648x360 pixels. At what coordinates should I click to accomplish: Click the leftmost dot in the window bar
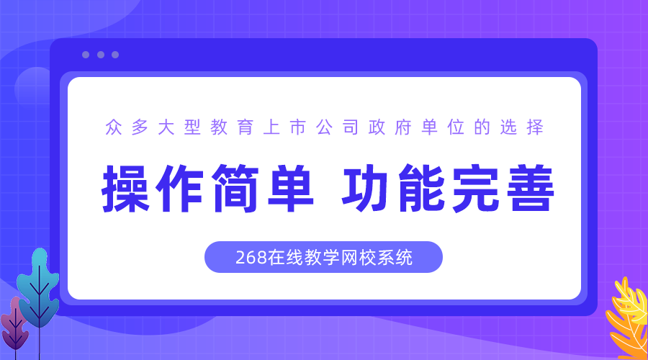[86, 55]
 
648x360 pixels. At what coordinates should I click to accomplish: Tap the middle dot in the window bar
[100, 55]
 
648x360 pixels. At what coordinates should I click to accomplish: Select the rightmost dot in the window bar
[115, 55]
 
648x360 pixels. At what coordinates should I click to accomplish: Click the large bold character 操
[125, 189]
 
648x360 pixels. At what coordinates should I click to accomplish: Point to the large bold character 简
[235, 189]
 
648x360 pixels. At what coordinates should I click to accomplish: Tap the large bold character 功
[365, 189]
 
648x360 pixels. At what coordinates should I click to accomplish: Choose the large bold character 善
[530, 189]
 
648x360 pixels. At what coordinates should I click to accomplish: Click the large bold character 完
[475, 189]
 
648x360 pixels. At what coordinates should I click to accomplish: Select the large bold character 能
[420, 189]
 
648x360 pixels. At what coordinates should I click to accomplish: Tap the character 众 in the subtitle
[114, 127]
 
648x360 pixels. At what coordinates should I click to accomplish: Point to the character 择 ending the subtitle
[535, 127]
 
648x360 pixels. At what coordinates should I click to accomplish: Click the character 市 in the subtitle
[297, 127]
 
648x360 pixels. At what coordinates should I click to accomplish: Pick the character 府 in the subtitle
[403, 127]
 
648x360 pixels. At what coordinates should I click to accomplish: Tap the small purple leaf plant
[14, 326]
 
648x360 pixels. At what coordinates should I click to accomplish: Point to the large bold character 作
[180, 189]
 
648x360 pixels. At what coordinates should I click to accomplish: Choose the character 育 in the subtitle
[245, 127]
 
